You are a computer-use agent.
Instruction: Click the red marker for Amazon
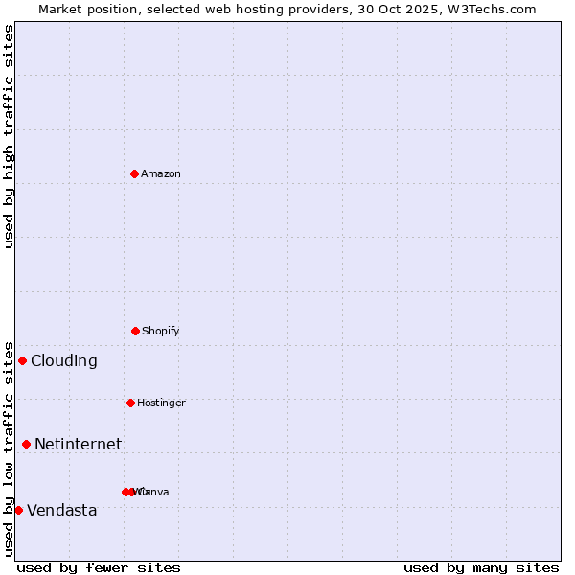tap(134, 173)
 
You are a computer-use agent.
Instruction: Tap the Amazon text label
tap(161, 174)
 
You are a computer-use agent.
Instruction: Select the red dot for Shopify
tap(135, 331)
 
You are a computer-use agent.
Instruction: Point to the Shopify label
tap(161, 332)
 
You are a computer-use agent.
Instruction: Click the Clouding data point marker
tap(22, 360)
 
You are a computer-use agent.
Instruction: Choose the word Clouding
tap(64, 361)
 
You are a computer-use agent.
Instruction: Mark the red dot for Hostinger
tap(130, 402)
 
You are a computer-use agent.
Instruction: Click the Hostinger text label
tap(161, 403)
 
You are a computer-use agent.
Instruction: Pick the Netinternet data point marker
tap(26, 444)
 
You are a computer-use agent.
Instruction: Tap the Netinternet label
tap(79, 445)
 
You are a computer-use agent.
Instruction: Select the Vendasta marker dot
tap(18, 510)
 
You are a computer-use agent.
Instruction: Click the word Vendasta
tap(62, 511)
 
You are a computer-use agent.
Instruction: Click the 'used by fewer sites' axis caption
tap(99, 567)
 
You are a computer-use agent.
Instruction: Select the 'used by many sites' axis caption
tap(481, 567)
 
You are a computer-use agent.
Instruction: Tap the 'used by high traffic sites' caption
tap(9, 136)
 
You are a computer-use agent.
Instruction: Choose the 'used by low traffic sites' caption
tap(9, 448)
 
